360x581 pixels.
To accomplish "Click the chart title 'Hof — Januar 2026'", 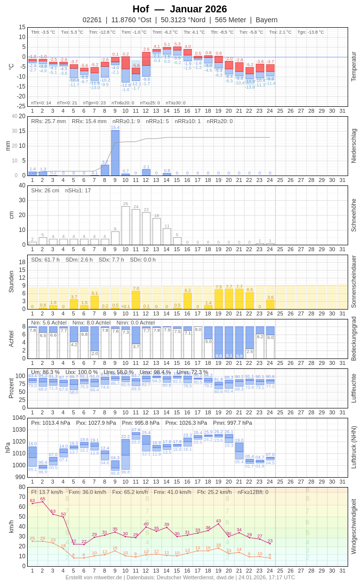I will click(x=180, y=9).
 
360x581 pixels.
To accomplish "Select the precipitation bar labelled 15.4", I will click(x=115, y=153).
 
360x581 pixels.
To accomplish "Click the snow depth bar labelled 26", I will click(x=126, y=225).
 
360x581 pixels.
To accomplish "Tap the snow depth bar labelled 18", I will click(x=157, y=231).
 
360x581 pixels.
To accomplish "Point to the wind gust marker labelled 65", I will click(x=43, y=502).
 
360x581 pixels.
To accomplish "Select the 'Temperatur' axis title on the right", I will click(x=354, y=66).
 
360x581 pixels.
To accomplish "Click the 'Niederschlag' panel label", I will click(x=354, y=146).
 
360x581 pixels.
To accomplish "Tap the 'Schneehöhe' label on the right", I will click(x=354, y=215).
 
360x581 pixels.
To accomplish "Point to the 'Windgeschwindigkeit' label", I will click(x=354, y=526).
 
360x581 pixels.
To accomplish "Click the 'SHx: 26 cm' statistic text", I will click(x=45, y=190).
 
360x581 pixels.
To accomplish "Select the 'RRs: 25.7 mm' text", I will click(x=48, y=121).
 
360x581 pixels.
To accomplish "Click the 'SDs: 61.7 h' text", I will click(x=45, y=260).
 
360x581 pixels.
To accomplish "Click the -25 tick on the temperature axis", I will click(x=21, y=106).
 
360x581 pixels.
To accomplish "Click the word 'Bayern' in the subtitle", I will click(x=267, y=20).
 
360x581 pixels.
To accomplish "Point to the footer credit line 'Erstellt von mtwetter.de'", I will click(x=93, y=577).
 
